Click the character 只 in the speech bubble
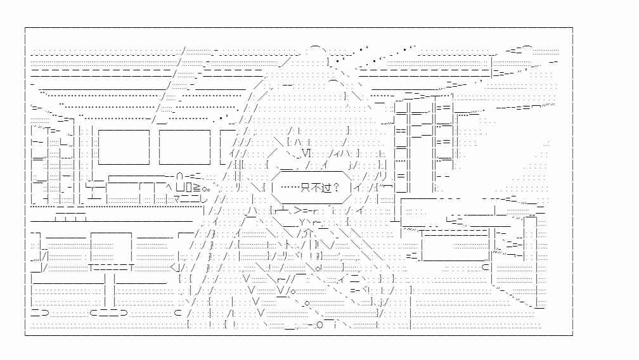coord(304,188)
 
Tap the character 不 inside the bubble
coord(315,188)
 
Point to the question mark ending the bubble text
coord(335,188)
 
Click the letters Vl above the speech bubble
coord(306,153)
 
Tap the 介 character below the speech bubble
coord(308,233)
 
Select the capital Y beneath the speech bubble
coord(302,222)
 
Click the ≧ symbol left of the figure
coord(196,188)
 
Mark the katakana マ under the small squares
coord(177,200)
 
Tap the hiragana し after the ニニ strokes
coord(204,199)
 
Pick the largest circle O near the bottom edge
coord(319,325)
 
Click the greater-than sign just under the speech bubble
coord(297,210)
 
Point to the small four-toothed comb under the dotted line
coord(71,216)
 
